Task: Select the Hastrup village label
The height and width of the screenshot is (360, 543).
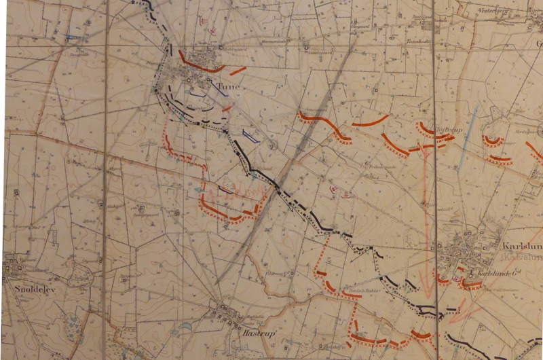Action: click(233, 334)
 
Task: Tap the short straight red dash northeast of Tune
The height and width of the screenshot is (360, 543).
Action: click(238, 70)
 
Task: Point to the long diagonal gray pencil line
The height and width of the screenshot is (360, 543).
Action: click(299, 149)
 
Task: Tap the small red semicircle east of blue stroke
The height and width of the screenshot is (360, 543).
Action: click(492, 141)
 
